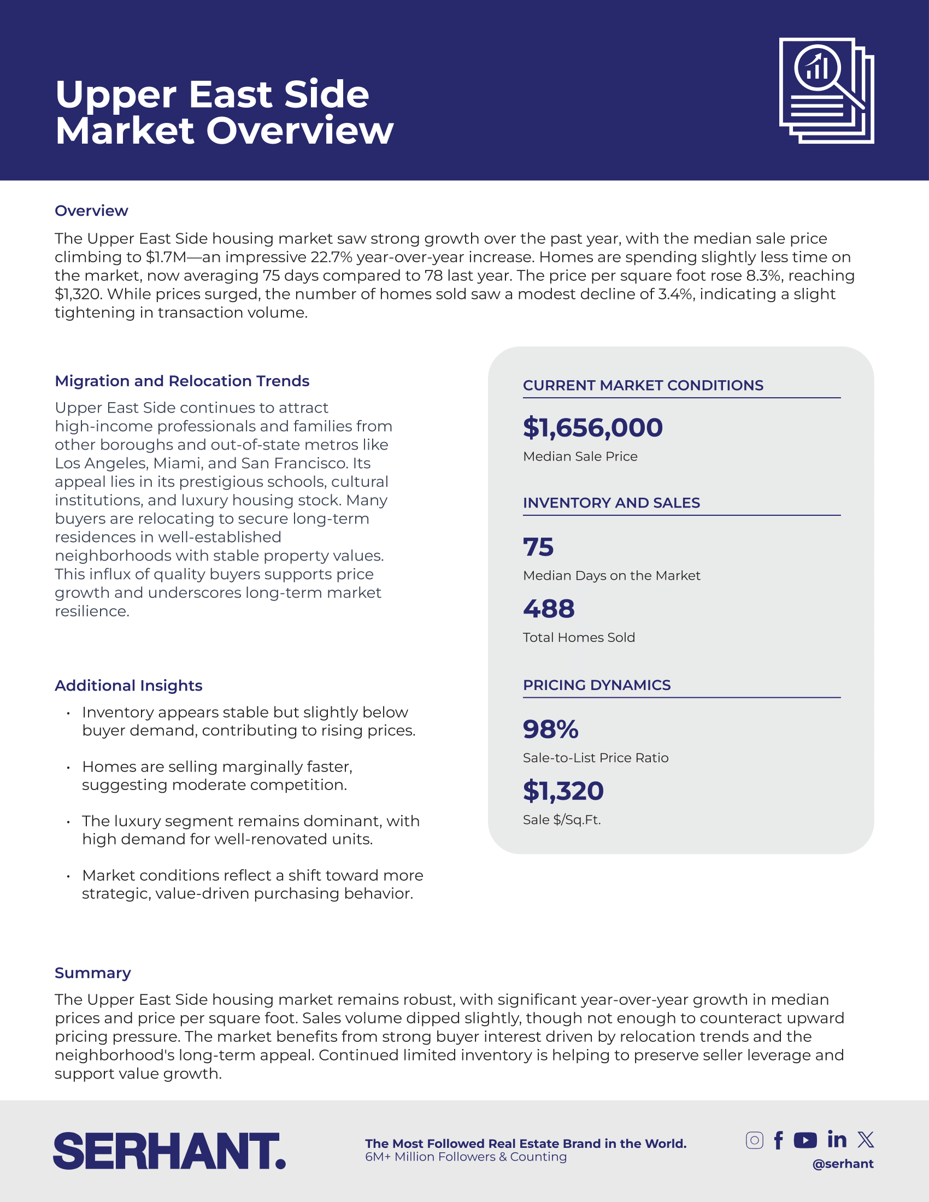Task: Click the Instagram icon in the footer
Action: coord(754,1140)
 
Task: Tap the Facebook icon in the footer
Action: coord(778,1140)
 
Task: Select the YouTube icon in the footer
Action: coord(805,1140)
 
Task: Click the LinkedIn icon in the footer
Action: coord(837,1139)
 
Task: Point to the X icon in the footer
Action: coord(866,1139)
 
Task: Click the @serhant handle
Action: coord(843,1163)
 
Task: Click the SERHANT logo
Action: coord(169,1151)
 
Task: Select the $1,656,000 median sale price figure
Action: coord(593,428)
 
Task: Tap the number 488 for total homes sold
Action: coord(549,609)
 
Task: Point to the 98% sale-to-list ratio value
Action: coord(550,729)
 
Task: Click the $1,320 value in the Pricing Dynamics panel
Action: coord(563,791)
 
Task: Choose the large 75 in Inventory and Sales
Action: coord(538,547)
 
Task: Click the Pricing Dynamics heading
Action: coord(597,685)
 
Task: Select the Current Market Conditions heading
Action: coord(643,385)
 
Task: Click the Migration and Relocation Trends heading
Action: coord(181,381)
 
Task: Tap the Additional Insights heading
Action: coord(128,686)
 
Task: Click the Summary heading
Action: coord(92,973)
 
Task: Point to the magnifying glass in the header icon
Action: coord(819,69)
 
